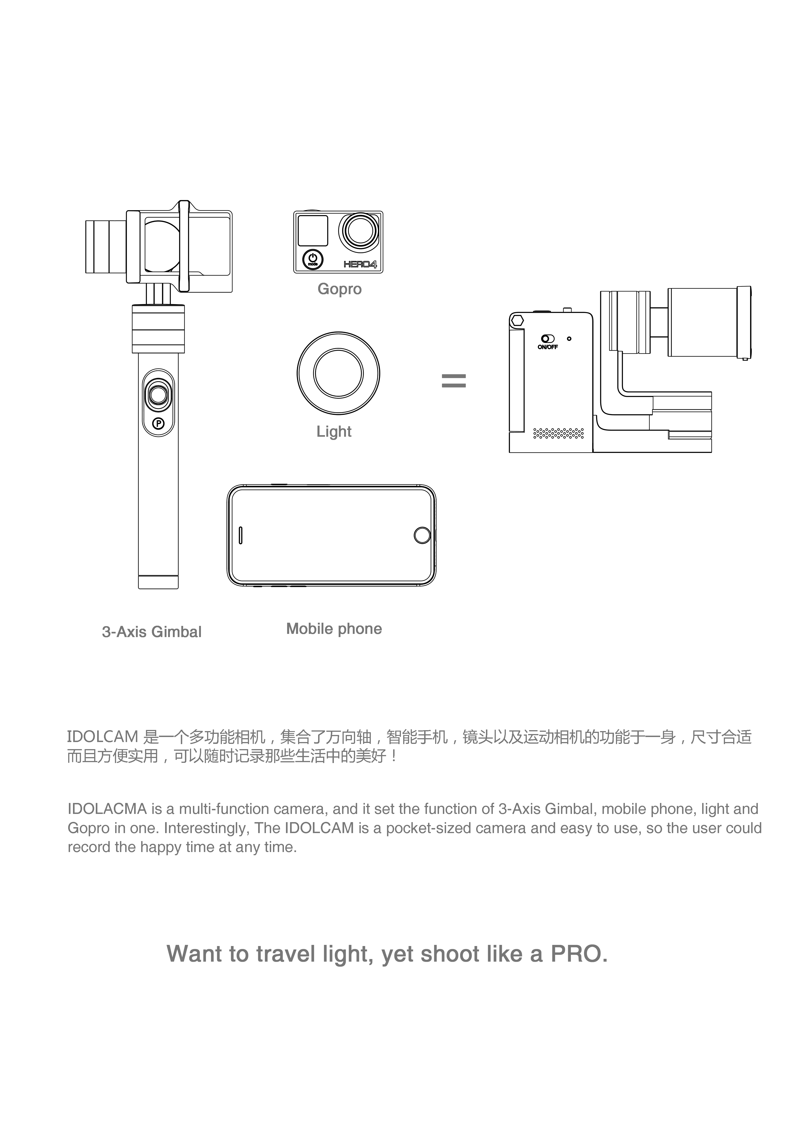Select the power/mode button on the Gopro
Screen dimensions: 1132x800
(x=312, y=259)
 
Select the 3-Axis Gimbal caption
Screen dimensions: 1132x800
(x=152, y=632)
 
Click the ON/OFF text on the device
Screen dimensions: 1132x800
(x=548, y=347)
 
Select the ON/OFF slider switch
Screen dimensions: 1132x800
(x=547, y=339)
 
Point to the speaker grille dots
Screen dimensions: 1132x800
(x=558, y=433)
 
